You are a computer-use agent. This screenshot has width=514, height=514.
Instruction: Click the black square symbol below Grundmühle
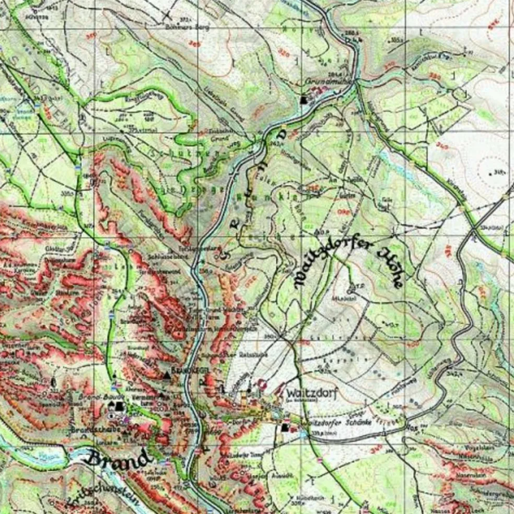(304, 99)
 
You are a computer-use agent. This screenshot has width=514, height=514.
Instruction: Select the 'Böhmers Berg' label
(194, 27)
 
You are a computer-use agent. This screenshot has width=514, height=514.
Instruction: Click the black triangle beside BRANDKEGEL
(167, 374)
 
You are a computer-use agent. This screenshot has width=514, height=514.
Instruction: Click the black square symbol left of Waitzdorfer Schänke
(285, 428)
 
